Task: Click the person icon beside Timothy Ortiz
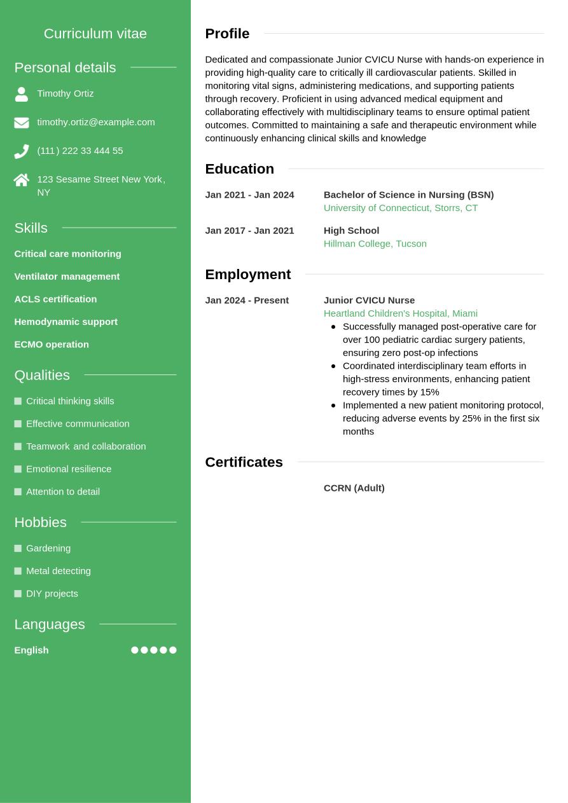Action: pyautogui.click(x=22, y=94)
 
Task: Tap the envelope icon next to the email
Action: pyautogui.click(x=22, y=123)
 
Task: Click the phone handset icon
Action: pyautogui.click(x=22, y=151)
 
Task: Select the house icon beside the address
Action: pyautogui.click(x=22, y=180)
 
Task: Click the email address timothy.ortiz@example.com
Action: pyautogui.click(x=95, y=122)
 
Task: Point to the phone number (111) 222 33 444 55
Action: pyautogui.click(x=80, y=151)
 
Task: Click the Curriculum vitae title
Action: pyautogui.click(x=95, y=34)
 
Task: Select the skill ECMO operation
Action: pyautogui.click(x=52, y=345)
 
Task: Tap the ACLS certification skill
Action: pyautogui.click(x=55, y=299)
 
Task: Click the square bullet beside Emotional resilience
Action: pyautogui.click(x=18, y=469)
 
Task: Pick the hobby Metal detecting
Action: pyautogui.click(x=59, y=571)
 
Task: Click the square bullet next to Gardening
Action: pyautogui.click(x=18, y=548)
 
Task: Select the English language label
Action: pyautogui.click(x=31, y=650)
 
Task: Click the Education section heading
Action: pyautogui.click(x=239, y=168)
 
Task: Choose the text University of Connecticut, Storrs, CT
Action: pyautogui.click(x=400, y=208)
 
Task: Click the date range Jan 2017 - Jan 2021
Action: pyautogui.click(x=249, y=231)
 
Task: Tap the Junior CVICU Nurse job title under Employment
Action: pyautogui.click(x=369, y=300)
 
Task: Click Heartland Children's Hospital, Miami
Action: pyautogui.click(x=400, y=313)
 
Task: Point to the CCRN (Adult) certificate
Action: pyautogui.click(x=354, y=488)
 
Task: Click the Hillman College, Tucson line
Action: pyautogui.click(x=375, y=244)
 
